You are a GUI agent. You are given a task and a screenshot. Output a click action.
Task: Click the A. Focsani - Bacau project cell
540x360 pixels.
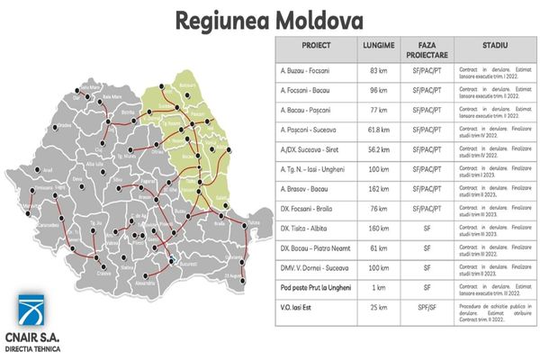(303, 91)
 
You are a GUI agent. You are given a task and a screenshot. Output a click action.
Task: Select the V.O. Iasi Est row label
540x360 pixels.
(296, 310)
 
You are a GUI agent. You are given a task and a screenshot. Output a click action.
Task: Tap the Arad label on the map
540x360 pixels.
(24, 168)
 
